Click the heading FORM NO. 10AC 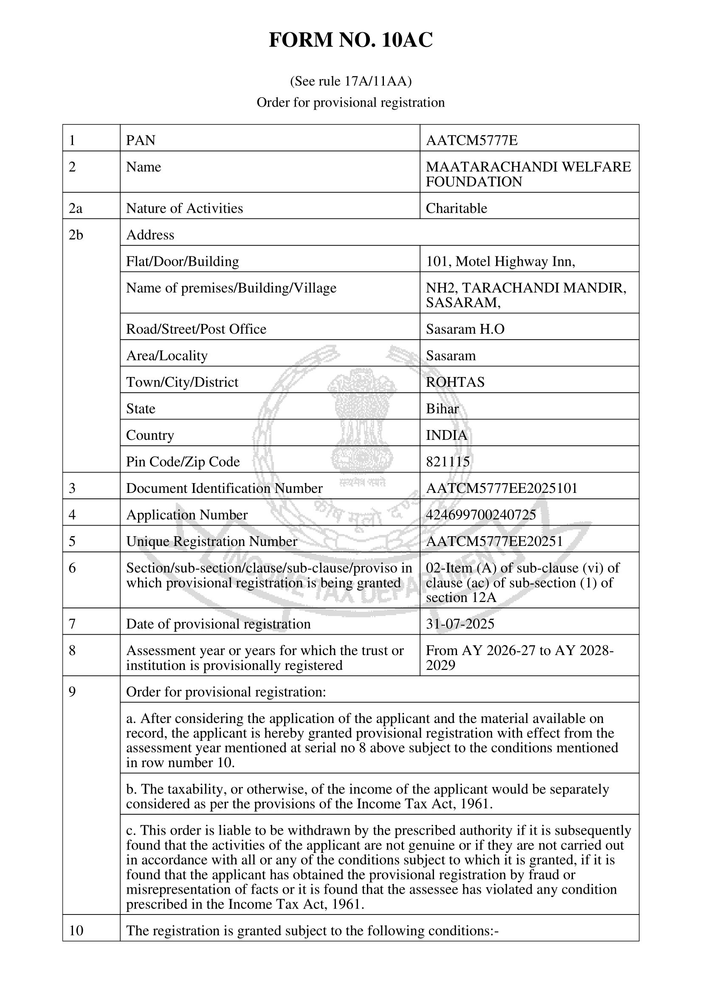[x=351, y=40]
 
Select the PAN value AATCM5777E [x=471, y=141]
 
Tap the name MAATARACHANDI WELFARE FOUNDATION [x=528, y=174]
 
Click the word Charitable [x=457, y=208]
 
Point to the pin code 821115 [x=448, y=462]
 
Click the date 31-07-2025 [x=460, y=624]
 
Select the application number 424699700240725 [x=481, y=515]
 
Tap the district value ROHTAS [x=455, y=383]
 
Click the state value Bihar [x=442, y=409]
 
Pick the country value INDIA [x=446, y=435]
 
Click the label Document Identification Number [x=224, y=488]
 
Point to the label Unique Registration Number [x=211, y=541]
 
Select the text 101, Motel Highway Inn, [x=500, y=262]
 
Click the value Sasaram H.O [x=465, y=329]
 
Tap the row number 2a [x=75, y=208]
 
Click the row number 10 [x=76, y=931]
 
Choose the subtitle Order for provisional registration [x=351, y=102]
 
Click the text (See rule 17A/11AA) [x=351, y=81]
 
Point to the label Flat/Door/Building [x=183, y=262]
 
